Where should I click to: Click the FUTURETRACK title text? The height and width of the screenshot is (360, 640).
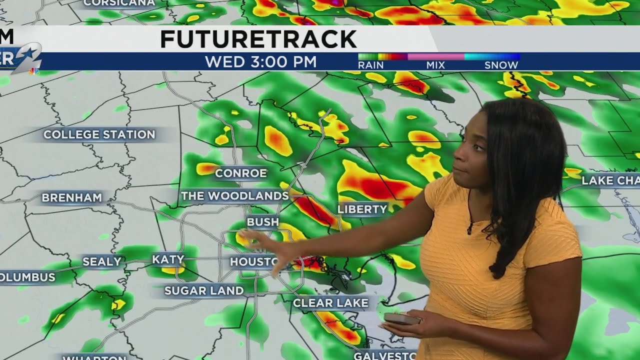pos(258,39)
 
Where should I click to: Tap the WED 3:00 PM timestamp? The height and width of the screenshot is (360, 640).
pos(260,62)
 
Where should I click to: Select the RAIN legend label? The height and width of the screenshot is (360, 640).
pos(370,65)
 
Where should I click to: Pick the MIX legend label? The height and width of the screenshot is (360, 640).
pos(435,65)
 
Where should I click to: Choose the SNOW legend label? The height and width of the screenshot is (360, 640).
pos(501,65)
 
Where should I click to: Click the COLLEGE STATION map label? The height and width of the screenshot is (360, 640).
pos(99,134)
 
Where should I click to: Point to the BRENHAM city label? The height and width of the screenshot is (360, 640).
pos(72,197)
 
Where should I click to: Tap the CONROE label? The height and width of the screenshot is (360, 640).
pos(241,173)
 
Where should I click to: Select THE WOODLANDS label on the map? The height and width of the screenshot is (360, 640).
pos(234,195)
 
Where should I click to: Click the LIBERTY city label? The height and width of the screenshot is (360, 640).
pos(362,209)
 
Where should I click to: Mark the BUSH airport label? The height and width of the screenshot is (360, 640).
pos(262,221)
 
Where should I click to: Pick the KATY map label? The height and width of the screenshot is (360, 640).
pos(168,259)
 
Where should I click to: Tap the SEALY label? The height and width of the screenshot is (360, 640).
pos(102,261)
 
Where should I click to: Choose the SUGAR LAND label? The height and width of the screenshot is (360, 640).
pos(204,290)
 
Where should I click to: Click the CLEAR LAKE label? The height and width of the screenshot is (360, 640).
pos(330,302)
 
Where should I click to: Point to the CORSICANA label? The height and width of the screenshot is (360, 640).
pos(119,3)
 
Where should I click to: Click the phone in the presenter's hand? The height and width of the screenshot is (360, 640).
pos(401,318)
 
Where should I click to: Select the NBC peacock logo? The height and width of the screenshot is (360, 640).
pos(34,70)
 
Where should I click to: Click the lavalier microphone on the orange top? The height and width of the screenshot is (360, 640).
pos(470,228)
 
